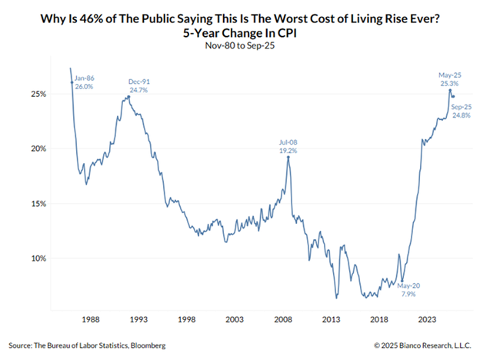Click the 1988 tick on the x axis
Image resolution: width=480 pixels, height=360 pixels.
(90, 318)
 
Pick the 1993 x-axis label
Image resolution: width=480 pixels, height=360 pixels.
(138, 318)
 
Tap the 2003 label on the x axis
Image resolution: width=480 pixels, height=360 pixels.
(235, 318)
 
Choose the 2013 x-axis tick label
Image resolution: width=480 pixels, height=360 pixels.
(332, 318)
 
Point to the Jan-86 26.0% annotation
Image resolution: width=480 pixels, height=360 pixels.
(85, 83)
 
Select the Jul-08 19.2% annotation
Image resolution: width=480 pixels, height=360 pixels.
(288, 145)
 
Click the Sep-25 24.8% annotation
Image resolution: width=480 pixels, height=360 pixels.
(461, 110)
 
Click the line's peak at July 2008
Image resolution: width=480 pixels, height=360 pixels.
(288, 157)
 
